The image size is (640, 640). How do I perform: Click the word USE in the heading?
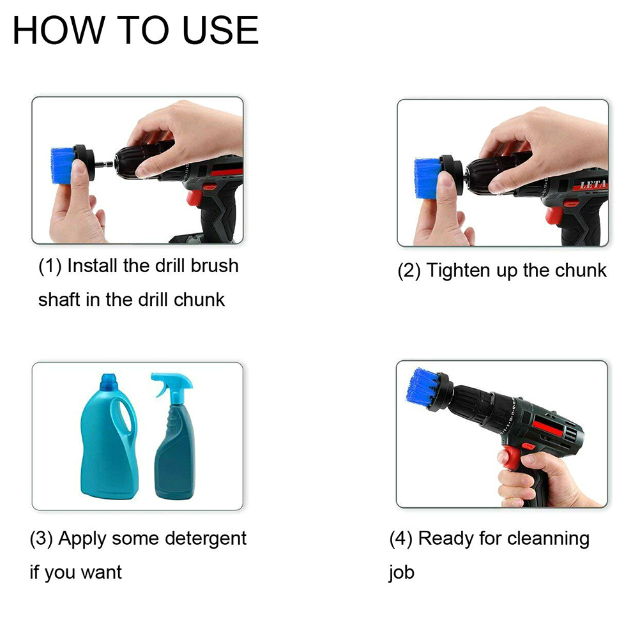click(220, 30)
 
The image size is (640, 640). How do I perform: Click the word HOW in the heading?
click(59, 30)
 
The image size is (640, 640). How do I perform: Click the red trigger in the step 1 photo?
click(194, 197)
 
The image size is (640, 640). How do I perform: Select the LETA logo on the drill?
click(593, 185)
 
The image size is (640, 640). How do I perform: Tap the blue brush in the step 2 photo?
click(426, 178)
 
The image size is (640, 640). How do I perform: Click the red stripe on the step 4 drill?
click(551, 429)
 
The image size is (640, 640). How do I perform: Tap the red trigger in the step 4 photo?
click(510, 457)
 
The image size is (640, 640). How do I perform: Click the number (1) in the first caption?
click(50, 266)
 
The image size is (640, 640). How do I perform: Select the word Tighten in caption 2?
click(459, 271)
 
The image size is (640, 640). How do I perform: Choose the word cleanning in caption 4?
click(548, 539)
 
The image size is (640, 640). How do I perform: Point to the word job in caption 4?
click(402, 573)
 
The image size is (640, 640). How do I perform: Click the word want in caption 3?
click(101, 573)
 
